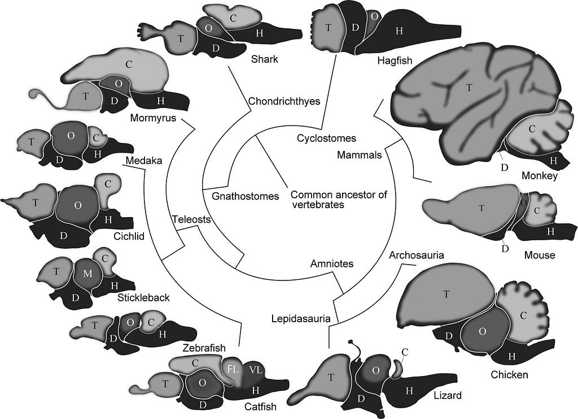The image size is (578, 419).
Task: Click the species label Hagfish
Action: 395,60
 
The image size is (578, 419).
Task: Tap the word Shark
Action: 264,59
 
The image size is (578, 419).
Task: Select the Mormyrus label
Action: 153,118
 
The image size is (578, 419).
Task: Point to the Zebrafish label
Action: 204,348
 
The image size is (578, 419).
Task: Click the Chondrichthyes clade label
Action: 284,101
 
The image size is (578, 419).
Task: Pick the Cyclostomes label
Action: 327,139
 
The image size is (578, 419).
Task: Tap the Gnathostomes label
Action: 245,196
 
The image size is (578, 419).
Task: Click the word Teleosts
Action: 191,219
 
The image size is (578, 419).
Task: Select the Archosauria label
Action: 417,255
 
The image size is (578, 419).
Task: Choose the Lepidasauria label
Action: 301,318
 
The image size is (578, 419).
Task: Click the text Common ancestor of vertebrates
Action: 339,200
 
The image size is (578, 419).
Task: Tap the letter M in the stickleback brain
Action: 87,274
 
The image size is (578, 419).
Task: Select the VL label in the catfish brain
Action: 256,370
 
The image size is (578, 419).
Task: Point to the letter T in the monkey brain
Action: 469,88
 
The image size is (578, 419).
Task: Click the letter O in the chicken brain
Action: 482,331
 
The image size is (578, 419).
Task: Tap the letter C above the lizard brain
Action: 405,352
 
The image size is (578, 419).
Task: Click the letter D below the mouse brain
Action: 505,249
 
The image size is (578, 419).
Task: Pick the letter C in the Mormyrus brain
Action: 129,64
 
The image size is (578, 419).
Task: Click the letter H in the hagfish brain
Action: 399,31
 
